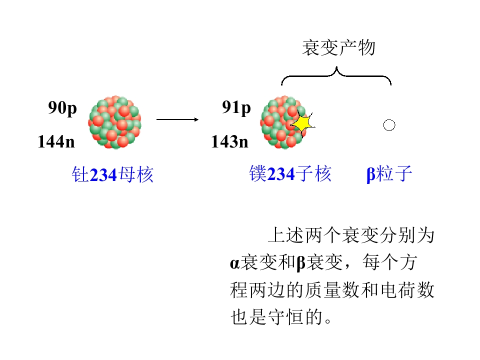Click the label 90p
[62, 108]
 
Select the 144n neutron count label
[56, 141]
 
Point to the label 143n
[229, 141]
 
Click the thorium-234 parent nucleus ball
[115, 122]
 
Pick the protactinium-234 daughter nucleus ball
[283, 122]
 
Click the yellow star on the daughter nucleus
[303, 123]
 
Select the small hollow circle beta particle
[389, 125]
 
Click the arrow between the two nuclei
[177, 119]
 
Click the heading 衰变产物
[338, 48]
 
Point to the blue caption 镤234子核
[290, 174]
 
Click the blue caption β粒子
[389, 174]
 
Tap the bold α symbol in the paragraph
[234, 263]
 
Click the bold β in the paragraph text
[301, 263]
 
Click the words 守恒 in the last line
[286, 317]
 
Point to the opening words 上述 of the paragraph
[286, 235]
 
